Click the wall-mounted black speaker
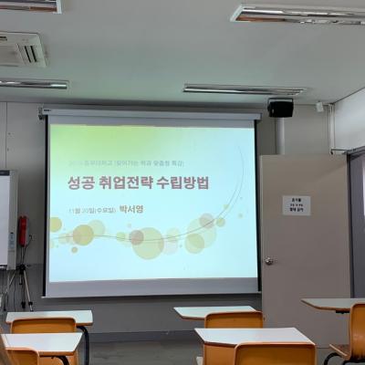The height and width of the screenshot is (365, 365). coord(280,108)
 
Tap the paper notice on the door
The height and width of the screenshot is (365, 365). coord(296,205)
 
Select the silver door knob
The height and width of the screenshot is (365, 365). coord(268,260)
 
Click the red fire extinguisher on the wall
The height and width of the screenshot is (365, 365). coord(22,231)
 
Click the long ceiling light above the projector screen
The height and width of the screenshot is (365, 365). coord(243,89)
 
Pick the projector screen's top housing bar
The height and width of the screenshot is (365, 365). coord(151,113)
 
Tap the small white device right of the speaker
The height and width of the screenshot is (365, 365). coord(319,107)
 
